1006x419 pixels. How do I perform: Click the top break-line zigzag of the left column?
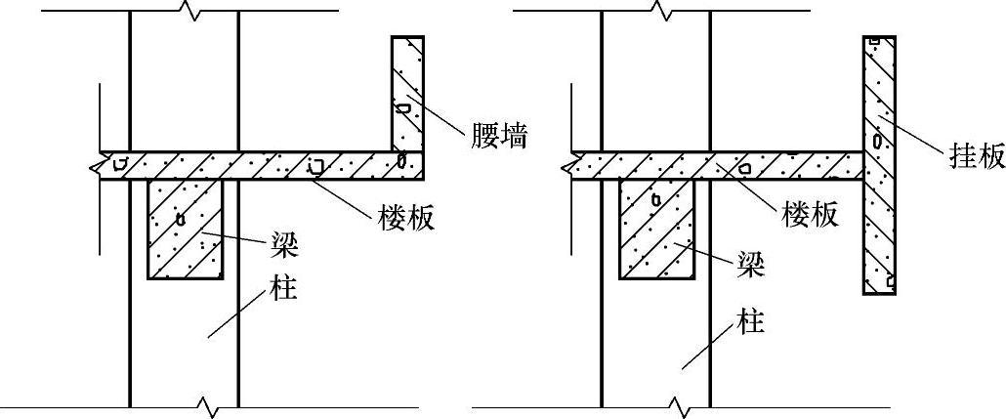pos(185,12)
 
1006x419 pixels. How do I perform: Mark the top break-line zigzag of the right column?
pos(664,12)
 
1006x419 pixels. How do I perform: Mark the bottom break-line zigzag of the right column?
pos(676,404)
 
